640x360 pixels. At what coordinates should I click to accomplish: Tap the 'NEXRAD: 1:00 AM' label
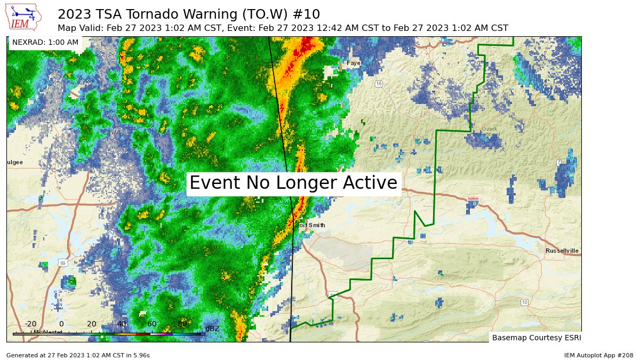45,42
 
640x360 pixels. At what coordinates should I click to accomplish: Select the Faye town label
354,63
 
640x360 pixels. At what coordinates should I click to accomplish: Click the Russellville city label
562,251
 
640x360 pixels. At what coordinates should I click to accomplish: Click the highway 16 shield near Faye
379,84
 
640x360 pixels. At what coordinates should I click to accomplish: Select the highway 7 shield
558,162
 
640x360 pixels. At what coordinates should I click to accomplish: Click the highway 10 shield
524,302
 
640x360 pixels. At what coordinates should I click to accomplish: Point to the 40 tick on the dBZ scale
122,324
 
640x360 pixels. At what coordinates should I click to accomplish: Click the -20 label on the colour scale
30,324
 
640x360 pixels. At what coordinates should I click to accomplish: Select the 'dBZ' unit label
212,329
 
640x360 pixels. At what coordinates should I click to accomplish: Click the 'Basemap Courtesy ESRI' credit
535,338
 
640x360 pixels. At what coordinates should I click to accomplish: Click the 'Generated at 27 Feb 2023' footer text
78,355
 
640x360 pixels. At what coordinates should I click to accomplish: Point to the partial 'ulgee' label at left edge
14,162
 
